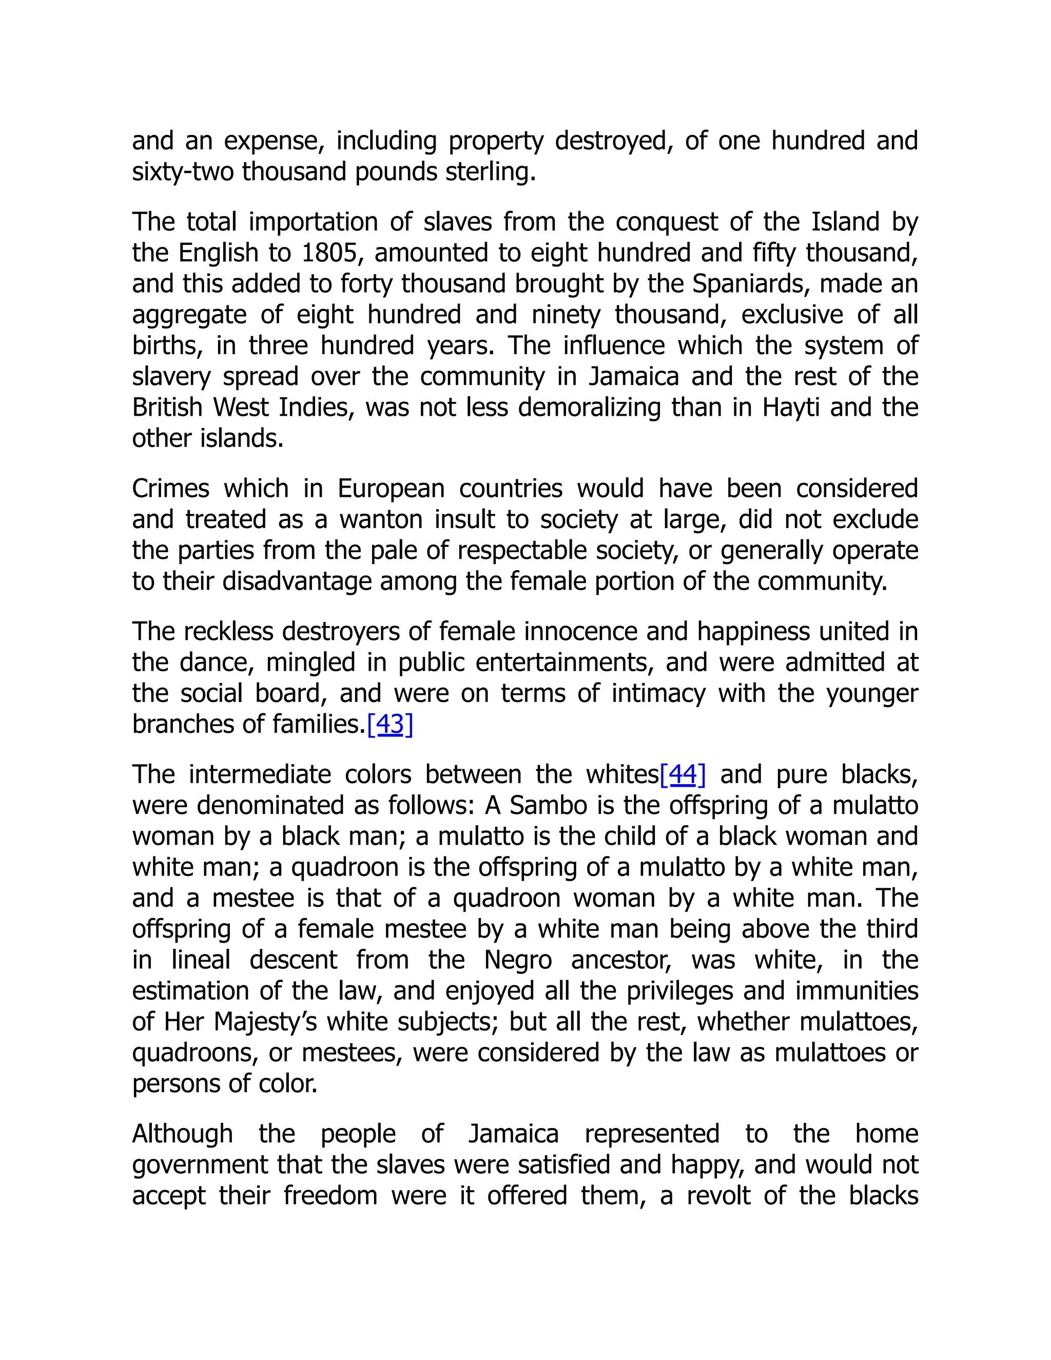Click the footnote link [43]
(390, 724)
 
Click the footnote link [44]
(683, 774)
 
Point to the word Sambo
(548, 805)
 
